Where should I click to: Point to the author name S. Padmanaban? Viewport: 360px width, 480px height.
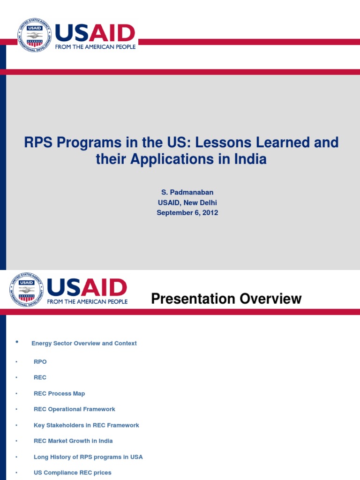tap(187, 193)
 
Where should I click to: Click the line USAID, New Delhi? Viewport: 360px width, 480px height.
tap(187, 202)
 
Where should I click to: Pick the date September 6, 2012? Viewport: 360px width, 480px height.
tap(187, 212)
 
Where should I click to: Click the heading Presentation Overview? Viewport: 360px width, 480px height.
tap(226, 299)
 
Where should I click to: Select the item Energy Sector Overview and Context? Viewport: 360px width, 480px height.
tap(84, 344)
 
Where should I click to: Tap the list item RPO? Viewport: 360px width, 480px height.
tap(40, 362)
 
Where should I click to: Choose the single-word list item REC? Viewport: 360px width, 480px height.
tap(40, 378)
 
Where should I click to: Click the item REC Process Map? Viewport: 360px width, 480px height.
tap(59, 394)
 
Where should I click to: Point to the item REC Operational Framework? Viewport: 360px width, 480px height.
tap(74, 409)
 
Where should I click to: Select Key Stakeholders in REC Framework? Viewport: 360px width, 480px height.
tap(86, 425)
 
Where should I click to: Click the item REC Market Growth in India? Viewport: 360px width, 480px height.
tap(73, 441)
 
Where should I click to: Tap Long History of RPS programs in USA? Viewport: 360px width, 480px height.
tap(88, 457)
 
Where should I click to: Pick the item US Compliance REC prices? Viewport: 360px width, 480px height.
tap(73, 472)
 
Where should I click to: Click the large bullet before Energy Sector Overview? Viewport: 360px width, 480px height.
tap(17, 342)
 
